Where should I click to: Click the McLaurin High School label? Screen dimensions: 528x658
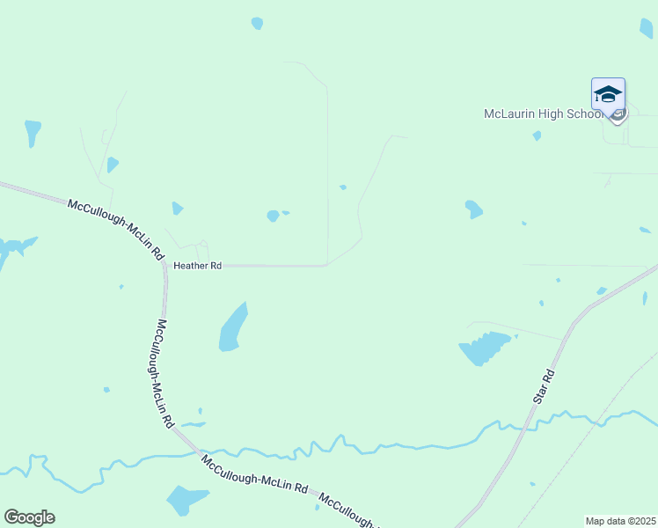544,114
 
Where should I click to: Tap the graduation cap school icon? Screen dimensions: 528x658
608,93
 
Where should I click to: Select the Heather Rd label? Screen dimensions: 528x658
197,265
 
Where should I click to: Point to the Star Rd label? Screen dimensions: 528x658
545,386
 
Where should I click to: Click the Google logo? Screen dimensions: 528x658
29,517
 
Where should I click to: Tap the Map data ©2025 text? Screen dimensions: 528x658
621,521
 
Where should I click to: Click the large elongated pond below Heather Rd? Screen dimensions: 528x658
232,327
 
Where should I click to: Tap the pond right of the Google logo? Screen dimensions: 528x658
187,500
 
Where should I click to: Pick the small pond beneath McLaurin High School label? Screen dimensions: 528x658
537,136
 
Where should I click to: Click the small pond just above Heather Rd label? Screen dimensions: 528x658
178,209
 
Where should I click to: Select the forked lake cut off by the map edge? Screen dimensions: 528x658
13,248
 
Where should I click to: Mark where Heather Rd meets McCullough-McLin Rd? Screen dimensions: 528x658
164,265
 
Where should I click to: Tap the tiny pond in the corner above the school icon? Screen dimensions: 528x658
646,28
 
